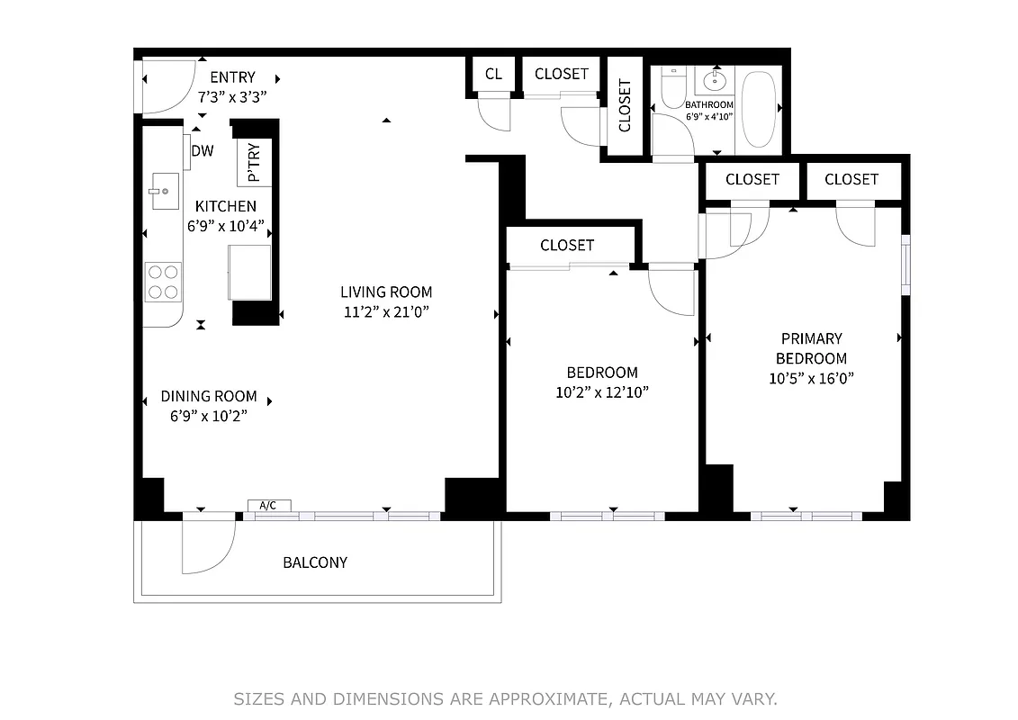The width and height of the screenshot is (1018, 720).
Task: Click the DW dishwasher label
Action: tap(203, 151)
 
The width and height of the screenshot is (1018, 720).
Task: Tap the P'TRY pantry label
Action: tap(254, 162)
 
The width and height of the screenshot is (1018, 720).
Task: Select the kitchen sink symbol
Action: tap(165, 191)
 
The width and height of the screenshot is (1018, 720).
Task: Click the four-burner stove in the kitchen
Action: tap(163, 281)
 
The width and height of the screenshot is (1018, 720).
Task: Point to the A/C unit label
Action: tap(268, 506)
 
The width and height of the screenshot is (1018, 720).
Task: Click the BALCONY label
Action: tap(315, 562)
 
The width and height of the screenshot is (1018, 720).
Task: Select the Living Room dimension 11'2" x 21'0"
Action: tap(386, 312)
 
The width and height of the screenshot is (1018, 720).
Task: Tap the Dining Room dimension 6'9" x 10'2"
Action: tap(209, 416)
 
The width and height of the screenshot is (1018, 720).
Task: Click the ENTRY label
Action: tap(232, 77)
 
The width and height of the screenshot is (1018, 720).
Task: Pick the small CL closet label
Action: tap(493, 74)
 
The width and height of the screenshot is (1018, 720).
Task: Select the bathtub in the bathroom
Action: tap(761, 111)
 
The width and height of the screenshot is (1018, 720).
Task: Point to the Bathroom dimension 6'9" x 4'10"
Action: tap(709, 116)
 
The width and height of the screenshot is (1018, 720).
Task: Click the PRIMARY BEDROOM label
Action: tap(811, 348)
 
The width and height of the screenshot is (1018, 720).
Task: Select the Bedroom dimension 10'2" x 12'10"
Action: tap(602, 392)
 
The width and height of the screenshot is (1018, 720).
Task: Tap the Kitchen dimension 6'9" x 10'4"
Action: tap(225, 226)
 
